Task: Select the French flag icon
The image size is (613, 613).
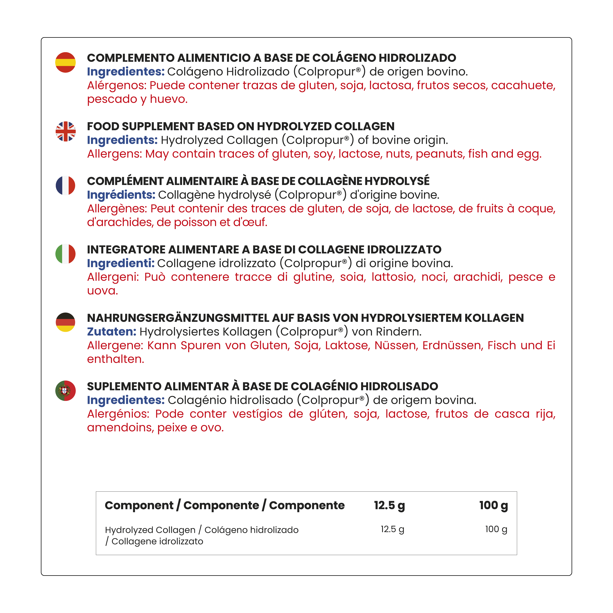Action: pos(65,186)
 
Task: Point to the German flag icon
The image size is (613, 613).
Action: pos(65,322)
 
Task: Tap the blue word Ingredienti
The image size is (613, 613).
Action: pos(121,263)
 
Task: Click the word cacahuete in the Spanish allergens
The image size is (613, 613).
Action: pos(523,86)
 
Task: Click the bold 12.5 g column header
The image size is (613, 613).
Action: pos(389,505)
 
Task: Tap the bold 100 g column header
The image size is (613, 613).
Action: pos(493,505)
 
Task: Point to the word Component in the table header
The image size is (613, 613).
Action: pos(139,505)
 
